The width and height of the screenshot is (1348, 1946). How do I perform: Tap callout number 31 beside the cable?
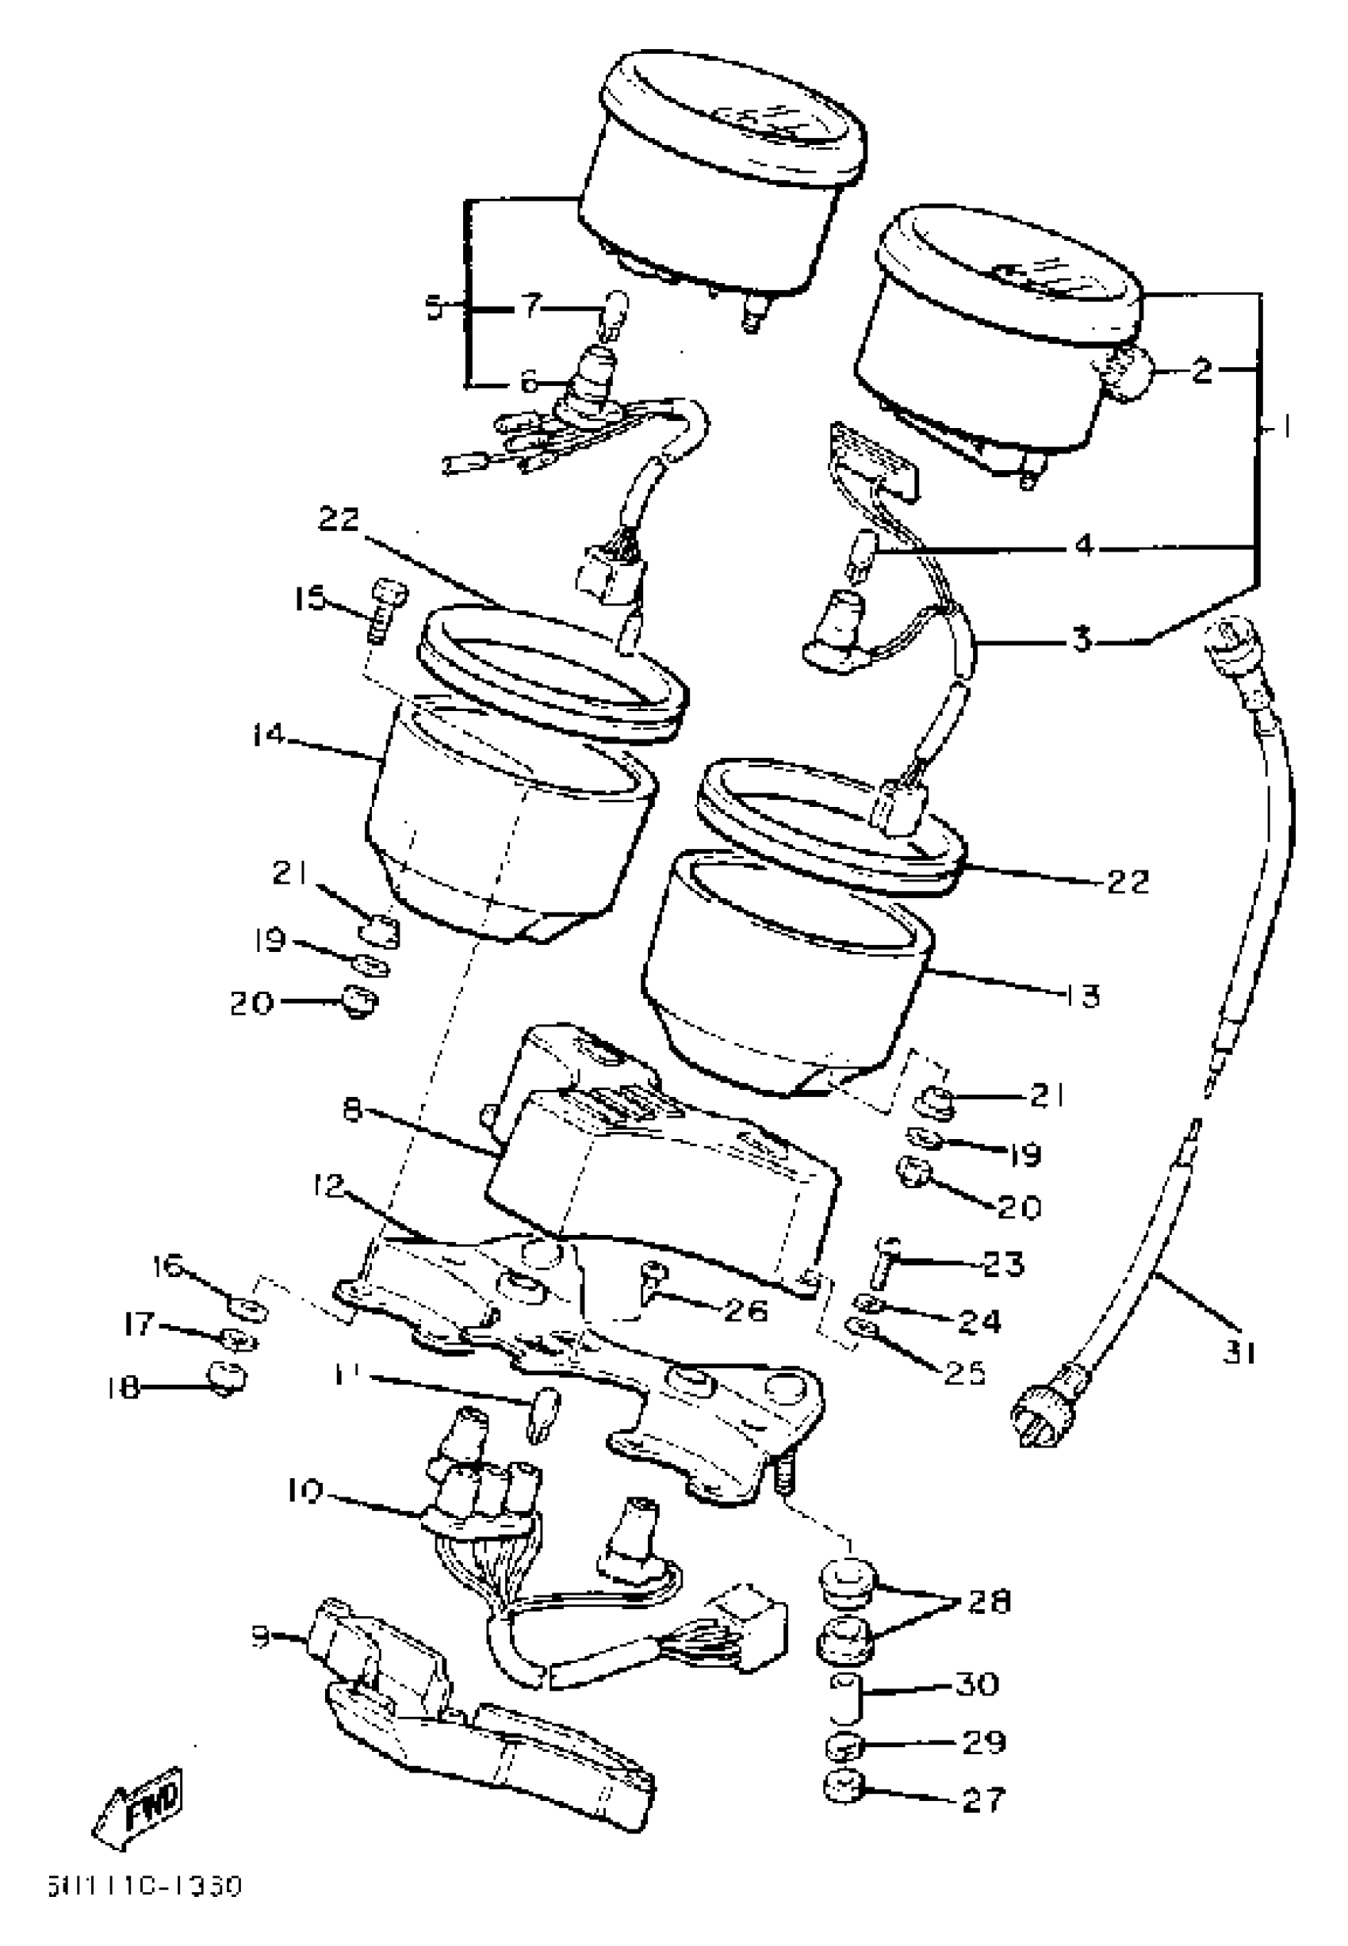click(x=1239, y=1352)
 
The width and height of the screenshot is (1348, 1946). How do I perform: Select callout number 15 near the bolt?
click(x=309, y=600)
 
